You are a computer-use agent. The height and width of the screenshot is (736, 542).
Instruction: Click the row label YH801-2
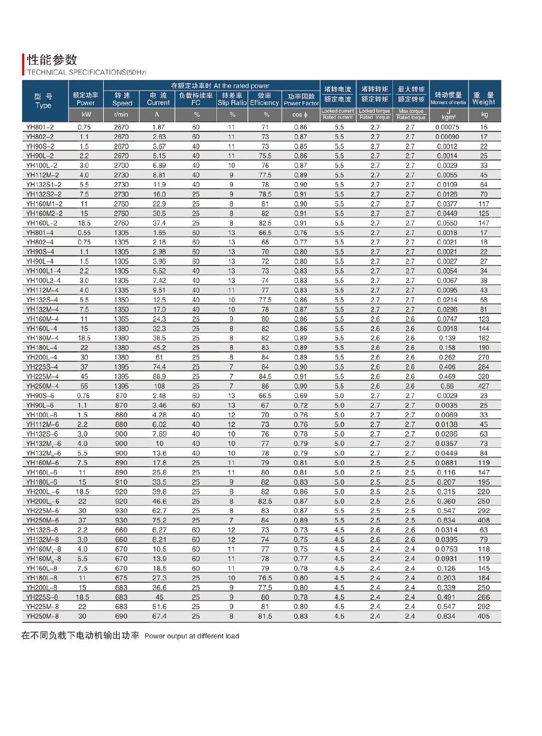(x=40, y=127)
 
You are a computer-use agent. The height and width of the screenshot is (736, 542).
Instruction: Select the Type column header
(x=43, y=101)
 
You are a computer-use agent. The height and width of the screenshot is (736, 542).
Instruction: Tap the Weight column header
(x=484, y=98)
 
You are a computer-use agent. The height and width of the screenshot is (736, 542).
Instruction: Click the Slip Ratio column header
(x=232, y=99)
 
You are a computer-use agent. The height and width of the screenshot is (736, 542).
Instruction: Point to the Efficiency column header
(x=264, y=99)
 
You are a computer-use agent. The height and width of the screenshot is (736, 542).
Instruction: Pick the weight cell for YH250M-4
(x=483, y=386)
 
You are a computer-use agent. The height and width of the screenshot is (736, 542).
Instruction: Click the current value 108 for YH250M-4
(x=159, y=386)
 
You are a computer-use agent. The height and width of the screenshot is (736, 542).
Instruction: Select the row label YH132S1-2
(x=44, y=185)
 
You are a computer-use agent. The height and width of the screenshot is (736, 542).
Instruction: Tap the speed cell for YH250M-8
(x=121, y=616)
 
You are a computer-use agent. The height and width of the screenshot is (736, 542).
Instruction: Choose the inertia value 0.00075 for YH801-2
(x=447, y=127)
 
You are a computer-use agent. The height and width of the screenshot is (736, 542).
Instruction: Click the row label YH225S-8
(x=42, y=597)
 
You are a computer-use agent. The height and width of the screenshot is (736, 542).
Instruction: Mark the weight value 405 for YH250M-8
(x=483, y=616)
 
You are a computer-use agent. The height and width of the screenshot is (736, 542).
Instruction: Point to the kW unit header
(x=86, y=114)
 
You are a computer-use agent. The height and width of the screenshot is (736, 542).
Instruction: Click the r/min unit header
(x=121, y=114)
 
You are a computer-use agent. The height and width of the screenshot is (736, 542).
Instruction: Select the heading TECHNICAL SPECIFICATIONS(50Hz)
(x=87, y=72)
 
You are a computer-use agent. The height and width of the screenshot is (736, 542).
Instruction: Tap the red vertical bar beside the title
(x=23, y=64)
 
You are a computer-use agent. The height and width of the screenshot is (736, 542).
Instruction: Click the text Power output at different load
(x=192, y=636)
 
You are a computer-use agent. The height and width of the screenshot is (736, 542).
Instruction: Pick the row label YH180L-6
(x=42, y=482)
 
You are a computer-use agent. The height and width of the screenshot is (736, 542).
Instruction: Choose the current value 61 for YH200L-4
(x=159, y=357)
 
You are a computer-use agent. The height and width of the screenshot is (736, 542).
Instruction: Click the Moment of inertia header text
(x=448, y=102)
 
